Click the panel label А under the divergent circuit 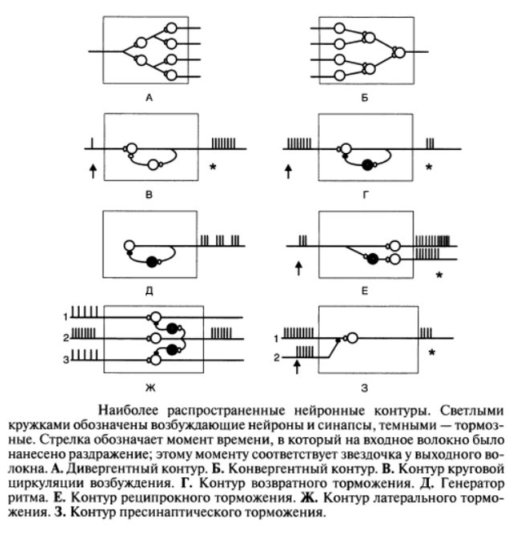click(x=149, y=99)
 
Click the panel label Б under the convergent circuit click(x=364, y=99)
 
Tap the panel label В click(x=149, y=195)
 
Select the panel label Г click(x=365, y=195)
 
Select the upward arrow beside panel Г click(x=288, y=170)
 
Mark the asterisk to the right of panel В click(x=213, y=168)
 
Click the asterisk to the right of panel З click(x=431, y=353)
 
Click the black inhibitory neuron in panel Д click(x=151, y=261)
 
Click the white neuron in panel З click(x=352, y=337)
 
